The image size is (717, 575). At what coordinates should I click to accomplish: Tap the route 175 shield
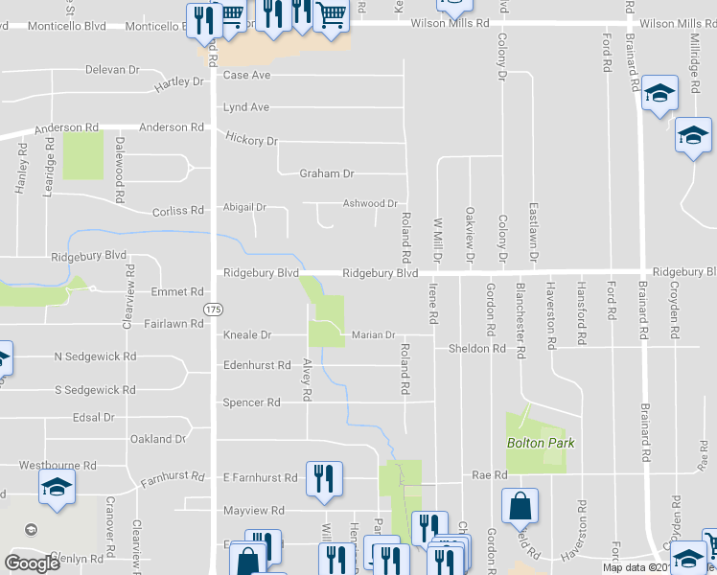click(213, 308)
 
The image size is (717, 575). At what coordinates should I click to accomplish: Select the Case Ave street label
click(246, 75)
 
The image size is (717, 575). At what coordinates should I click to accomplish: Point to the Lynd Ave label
click(245, 107)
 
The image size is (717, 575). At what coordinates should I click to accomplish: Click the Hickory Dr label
click(251, 139)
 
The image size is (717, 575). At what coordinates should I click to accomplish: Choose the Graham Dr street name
click(327, 173)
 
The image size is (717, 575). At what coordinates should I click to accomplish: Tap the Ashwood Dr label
click(370, 203)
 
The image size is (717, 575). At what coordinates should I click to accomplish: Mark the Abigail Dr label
click(243, 207)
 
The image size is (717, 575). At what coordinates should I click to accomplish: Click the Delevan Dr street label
click(112, 70)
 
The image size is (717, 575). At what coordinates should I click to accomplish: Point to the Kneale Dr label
click(247, 335)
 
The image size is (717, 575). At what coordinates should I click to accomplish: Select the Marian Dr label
click(373, 335)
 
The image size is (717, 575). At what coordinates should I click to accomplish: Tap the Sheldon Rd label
click(476, 349)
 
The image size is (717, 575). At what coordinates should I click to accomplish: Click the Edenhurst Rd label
click(256, 365)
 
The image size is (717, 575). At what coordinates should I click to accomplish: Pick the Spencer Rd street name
click(251, 402)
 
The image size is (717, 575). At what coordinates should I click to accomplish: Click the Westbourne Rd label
click(58, 465)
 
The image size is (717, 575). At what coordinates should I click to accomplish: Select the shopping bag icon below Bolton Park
click(519, 505)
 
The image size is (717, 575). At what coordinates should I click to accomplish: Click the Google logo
click(33, 563)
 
